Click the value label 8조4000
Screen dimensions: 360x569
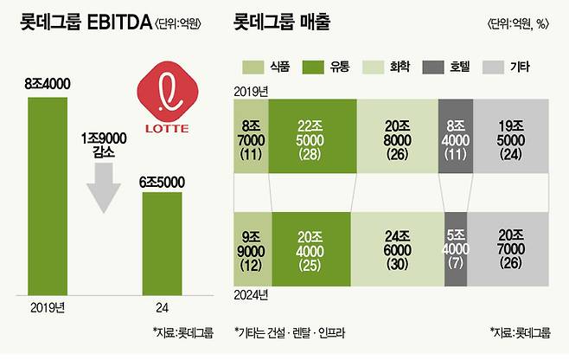[x=47, y=85]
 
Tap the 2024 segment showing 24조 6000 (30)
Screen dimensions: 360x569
[x=396, y=249]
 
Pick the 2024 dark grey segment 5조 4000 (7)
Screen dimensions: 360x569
[x=457, y=249]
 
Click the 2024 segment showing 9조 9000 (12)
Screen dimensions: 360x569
[x=253, y=249]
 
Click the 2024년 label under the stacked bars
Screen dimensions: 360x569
[x=251, y=295]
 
